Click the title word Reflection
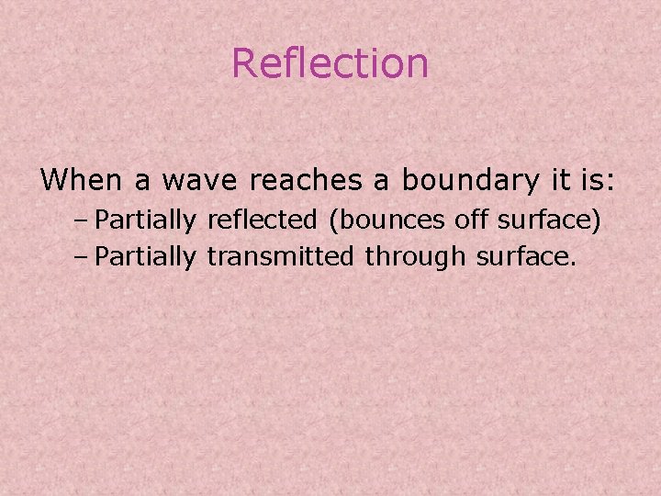[x=330, y=63]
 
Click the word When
[x=81, y=179]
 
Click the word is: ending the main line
[x=596, y=179]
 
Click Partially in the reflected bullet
[x=145, y=220]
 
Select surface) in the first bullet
[x=549, y=220]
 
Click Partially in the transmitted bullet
[x=145, y=257]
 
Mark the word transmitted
[x=279, y=256]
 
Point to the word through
[x=415, y=257]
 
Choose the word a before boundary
[x=379, y=181]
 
